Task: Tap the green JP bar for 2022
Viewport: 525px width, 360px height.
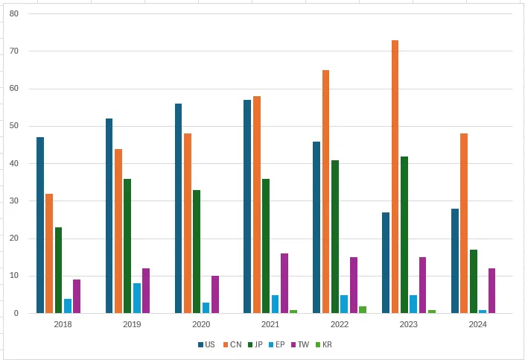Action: [x=335, y=236]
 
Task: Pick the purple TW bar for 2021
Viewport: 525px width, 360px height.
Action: [x=284, y=283]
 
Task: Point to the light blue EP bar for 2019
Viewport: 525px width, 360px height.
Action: [x=136, y=298]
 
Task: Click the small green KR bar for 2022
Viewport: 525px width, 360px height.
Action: [x=363, y=309]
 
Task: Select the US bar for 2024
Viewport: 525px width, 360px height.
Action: [x=455, y=261]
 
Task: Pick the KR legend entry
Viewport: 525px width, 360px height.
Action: [x=325, y=344]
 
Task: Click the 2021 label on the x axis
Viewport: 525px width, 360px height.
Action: [x=270, y=324]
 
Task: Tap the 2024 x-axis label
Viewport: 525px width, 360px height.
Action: [x=478, y=324]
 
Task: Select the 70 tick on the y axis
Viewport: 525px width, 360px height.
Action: [x=13, y=51]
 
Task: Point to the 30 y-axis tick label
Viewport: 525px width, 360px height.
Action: [x=13, y=201]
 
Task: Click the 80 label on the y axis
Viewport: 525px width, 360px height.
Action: [x=13, y=14]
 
